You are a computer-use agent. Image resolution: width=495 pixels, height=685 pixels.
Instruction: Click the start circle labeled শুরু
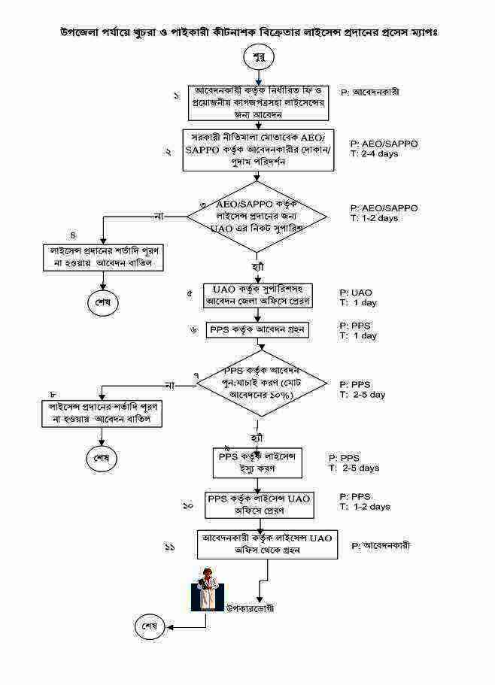[x=258, y=57]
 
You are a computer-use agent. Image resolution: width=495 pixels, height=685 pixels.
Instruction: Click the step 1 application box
[x=258, y=103]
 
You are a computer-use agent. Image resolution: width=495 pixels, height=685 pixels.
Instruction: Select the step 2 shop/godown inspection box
[x=258, y=150]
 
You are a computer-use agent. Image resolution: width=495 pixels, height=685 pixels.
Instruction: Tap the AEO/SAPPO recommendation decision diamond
[x=257, y=217]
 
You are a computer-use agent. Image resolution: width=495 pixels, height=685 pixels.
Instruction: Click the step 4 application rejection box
[x=103, y=256]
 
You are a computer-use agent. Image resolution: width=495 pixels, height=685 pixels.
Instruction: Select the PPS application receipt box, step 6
[x=258, y=329]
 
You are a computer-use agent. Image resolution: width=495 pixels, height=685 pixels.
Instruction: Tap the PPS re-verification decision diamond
[x=261, y=383]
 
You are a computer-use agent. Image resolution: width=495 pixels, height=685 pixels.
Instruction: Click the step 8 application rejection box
[x=103, y=414]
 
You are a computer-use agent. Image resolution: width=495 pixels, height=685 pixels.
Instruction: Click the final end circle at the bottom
[x=150, y=626]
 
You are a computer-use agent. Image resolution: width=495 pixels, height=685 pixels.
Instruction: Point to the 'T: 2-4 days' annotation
[x=374, y=154]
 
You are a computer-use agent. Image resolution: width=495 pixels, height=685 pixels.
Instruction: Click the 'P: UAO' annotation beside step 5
[x=356, y=292]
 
